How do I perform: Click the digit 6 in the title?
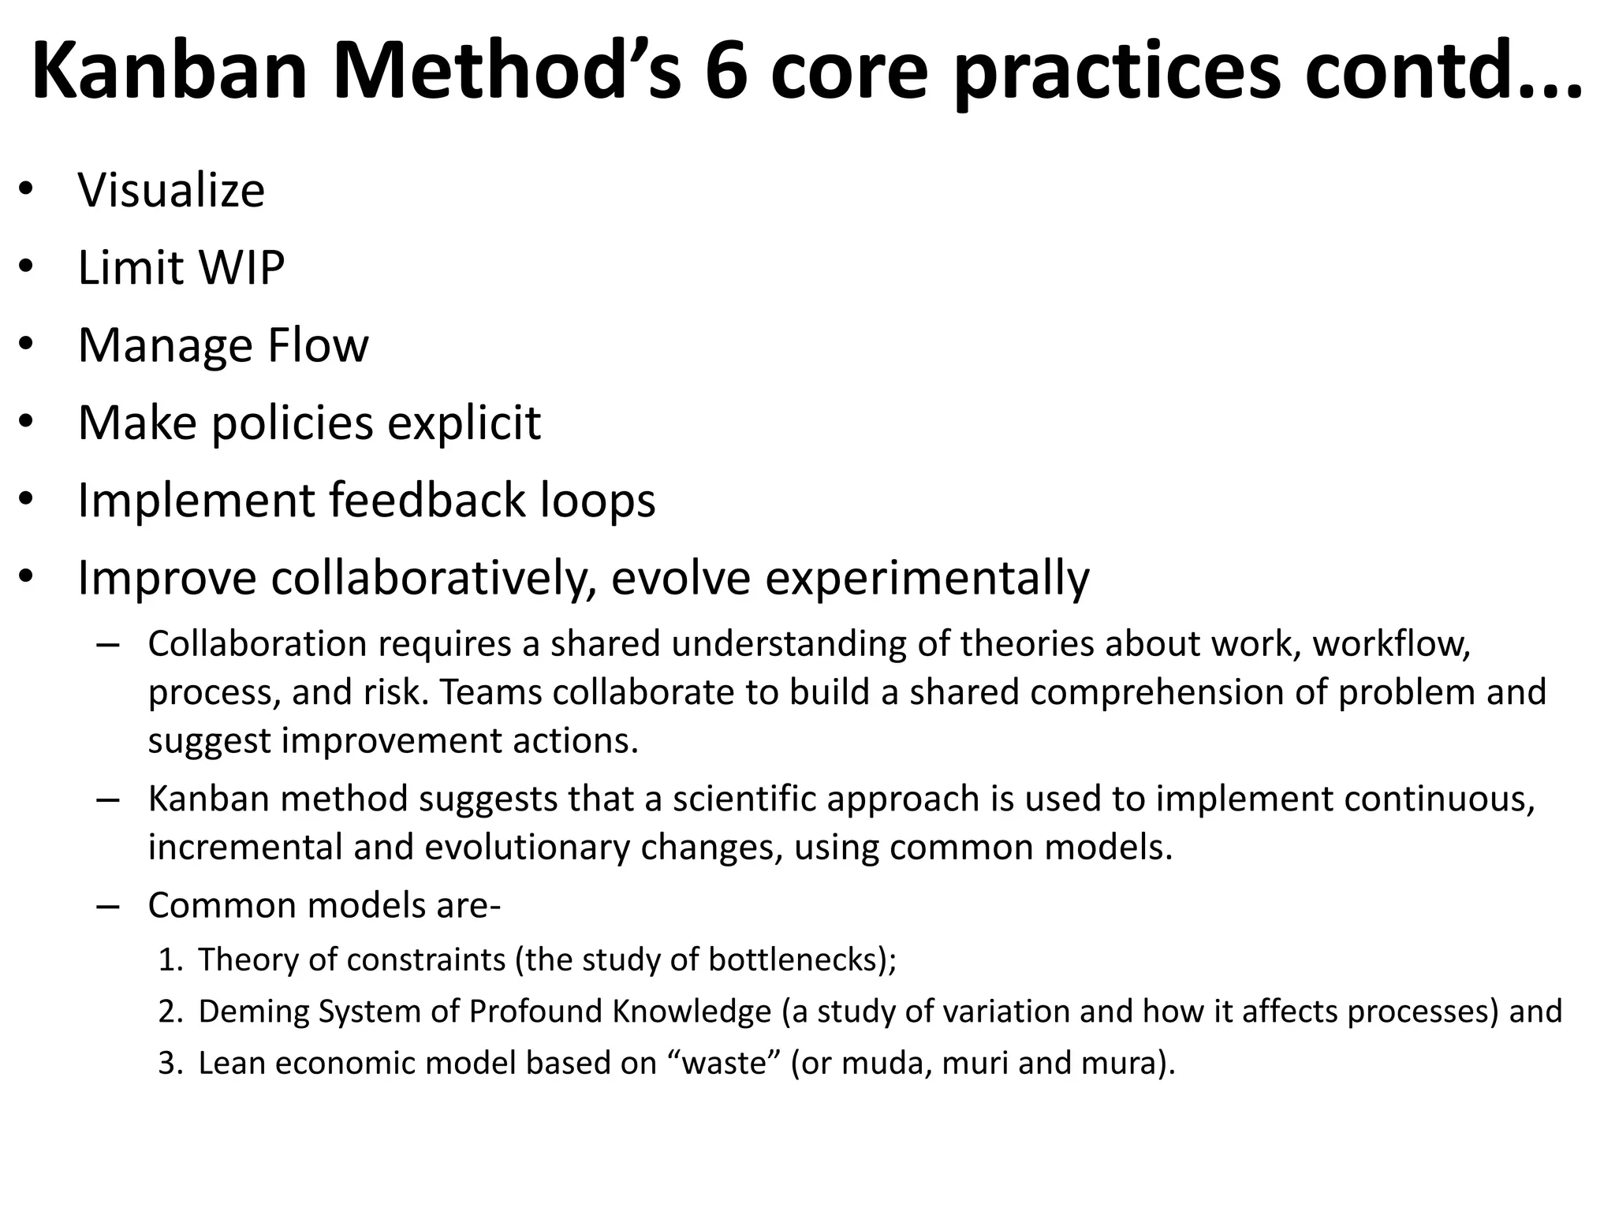click(x=725, y=71)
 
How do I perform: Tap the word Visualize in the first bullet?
click(x=171, y=190)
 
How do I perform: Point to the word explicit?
click(x=464, y=423)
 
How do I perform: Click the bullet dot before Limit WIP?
click(x=25, y=268)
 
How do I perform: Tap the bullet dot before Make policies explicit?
click(x=25, y=423)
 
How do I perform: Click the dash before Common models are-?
click(x=108, y=906)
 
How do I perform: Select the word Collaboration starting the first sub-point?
click(x=257, y=644)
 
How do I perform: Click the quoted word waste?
click(x=725, y=1064)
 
